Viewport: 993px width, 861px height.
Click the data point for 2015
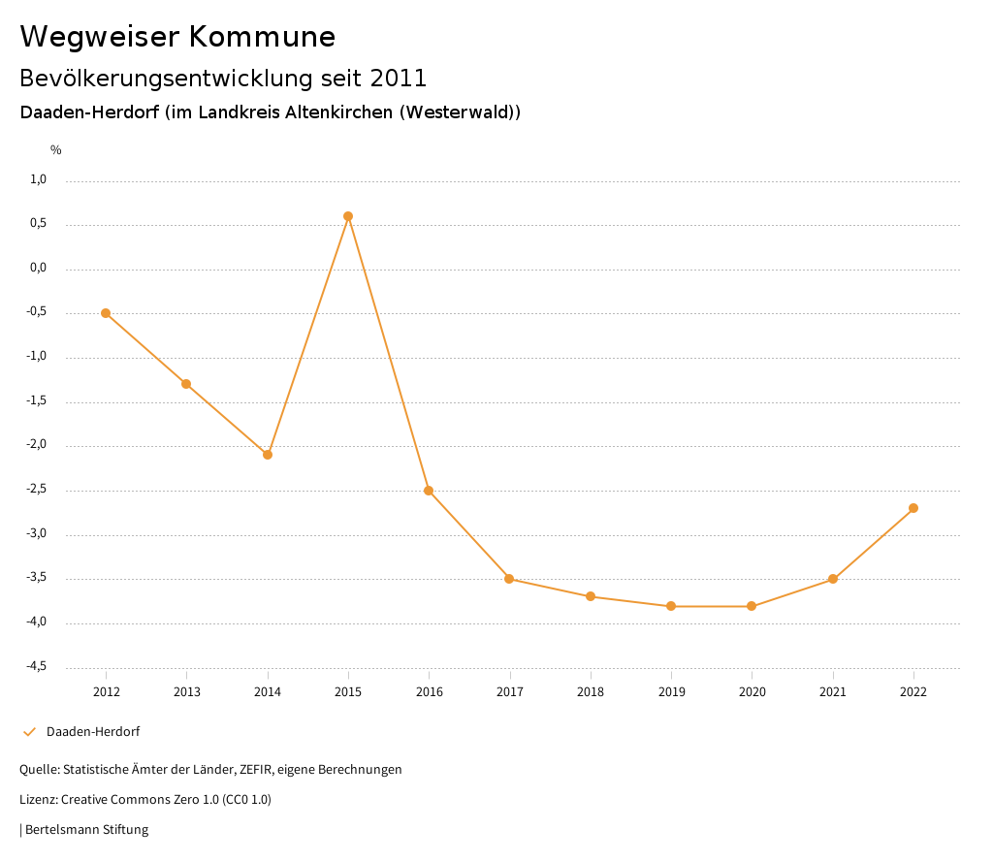(348, 216)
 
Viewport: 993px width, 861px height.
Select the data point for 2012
(106, 313)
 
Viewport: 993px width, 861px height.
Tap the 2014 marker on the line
(268, 455)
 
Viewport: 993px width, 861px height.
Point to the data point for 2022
(913, 508)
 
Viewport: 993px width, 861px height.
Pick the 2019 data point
(671, 606)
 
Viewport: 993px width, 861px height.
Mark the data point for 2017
(509, 579)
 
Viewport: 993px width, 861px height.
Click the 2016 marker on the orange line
(429, 491)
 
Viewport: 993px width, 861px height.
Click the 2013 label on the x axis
(187, 691)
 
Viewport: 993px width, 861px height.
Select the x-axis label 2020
(753, 691)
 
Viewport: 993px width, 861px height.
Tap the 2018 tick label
(591, 691)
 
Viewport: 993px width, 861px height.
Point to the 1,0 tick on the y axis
(39, 179)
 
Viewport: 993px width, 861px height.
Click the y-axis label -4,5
(37, 666)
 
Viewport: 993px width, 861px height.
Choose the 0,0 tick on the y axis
(39, 268)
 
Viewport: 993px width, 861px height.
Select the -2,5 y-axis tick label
(37, 489)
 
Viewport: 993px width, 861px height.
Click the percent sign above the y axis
(56, 150)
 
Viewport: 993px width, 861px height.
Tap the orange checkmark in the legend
(29, 732)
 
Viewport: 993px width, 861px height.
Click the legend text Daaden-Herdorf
(93, 732)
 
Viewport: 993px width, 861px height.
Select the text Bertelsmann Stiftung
(86, 830)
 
